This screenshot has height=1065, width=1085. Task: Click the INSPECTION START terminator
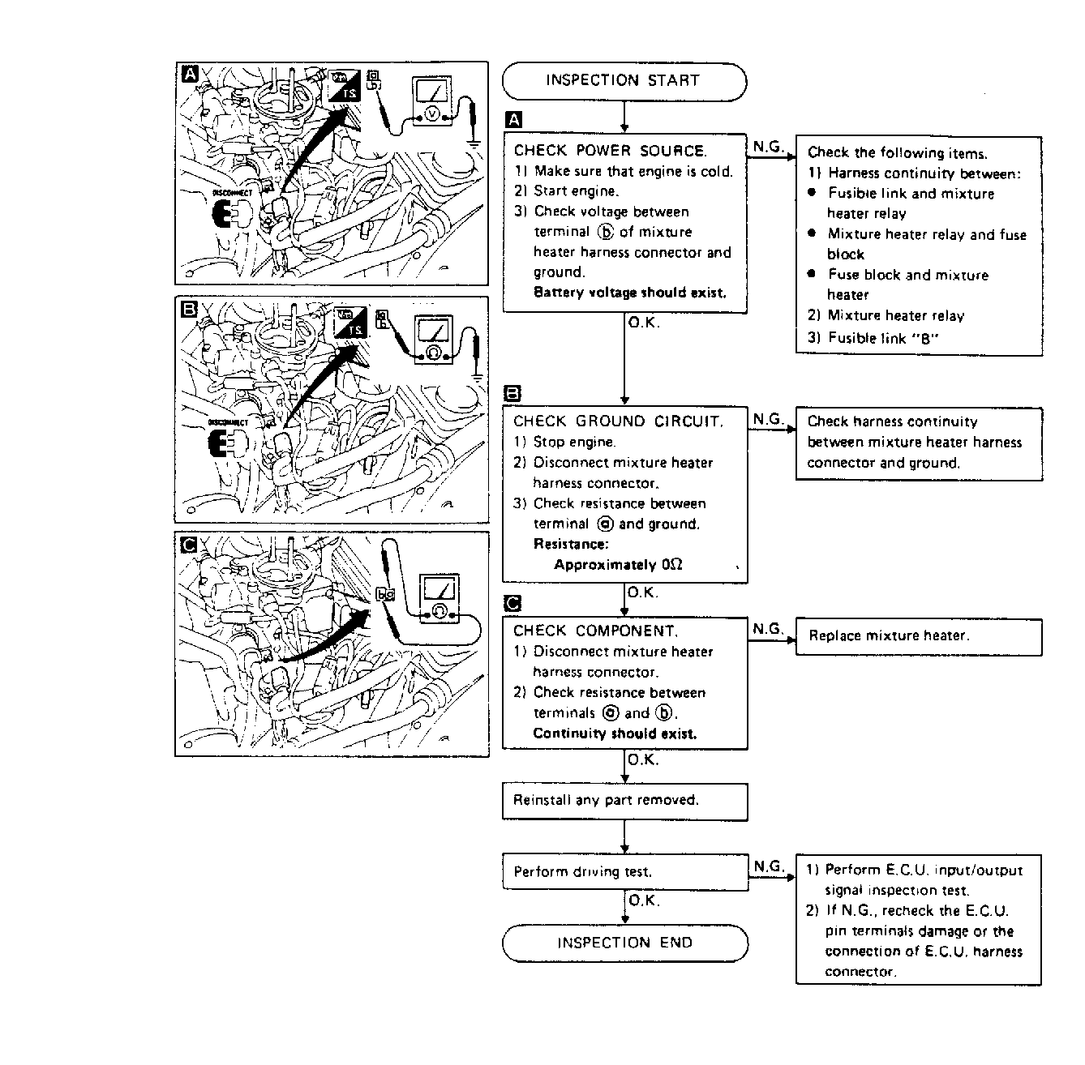pyautogui.click(x=623, y=81)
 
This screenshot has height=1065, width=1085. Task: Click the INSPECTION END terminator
pyautogui.click(x=624, y=943)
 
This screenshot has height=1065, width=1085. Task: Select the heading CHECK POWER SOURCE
pyautogui.click(x=610, y=151)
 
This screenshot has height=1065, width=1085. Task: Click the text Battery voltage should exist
pyautogui.click(x=630, y=293)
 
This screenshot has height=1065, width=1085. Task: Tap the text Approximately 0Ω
pyautogui.click(x=618, y=565)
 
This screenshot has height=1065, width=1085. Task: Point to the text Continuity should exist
pyautogui.click(x=615, y=734)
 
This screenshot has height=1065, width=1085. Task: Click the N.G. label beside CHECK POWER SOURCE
pyautogui.click(x=768, y=147)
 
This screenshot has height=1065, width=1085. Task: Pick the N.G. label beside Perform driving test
pyautogui.click(x=768, y=866)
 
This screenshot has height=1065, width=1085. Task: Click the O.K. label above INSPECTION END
pyautogui.click(x=644, y=900)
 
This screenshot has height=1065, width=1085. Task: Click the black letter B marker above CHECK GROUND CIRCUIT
pyautogui.click(x=512, y=395)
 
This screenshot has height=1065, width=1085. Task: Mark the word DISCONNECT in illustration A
pyautogui.click(x=233, y=193)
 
